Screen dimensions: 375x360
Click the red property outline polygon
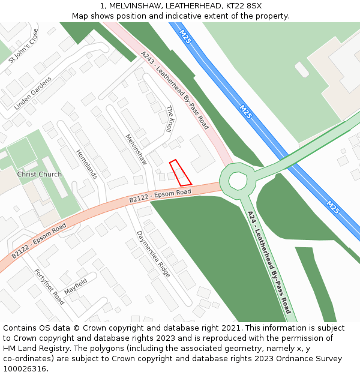coord(180,173)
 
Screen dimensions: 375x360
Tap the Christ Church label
coord(39,175)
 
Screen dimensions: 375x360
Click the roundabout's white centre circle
coord(238,180)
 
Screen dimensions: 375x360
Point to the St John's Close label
coord(23,46)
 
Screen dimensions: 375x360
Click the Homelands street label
coord(86,164)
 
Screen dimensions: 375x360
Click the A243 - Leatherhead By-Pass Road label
coord(175,90)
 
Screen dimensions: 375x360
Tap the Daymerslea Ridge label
coord(153,254)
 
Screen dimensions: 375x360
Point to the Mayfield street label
coord(76,286)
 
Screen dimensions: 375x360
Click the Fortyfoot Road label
coord(49,287)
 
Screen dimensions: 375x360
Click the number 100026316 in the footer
coord(24,369)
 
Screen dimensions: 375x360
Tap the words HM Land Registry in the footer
coord(34,349)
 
